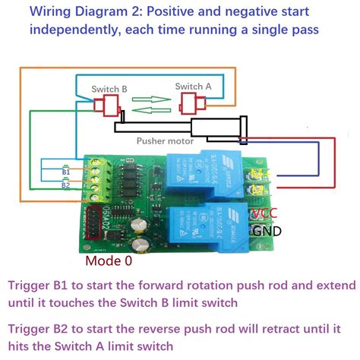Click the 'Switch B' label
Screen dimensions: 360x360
[109, 89]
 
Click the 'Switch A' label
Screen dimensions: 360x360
[191, 86]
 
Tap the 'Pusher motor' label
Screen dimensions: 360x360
[164, 141]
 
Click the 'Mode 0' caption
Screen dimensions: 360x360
[108, 261]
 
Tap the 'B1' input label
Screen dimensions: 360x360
[66, 173]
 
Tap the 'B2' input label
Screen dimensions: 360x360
[66, 185]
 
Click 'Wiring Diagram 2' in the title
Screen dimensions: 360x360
[76, 12]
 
